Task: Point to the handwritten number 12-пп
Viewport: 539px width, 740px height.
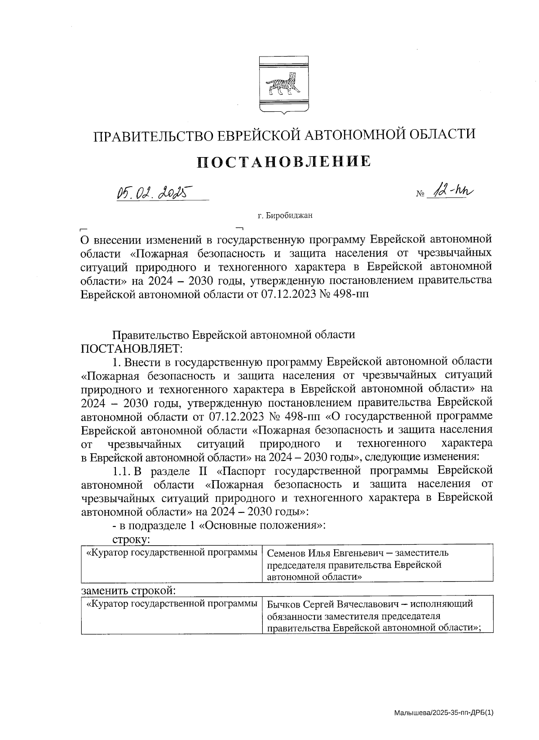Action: (x=451, y=192)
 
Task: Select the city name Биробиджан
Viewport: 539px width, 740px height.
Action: (x=288, y=216)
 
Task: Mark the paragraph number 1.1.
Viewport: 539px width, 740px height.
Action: (x=122, y=470)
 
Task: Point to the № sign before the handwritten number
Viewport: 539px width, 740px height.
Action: (x=421, y=194)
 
